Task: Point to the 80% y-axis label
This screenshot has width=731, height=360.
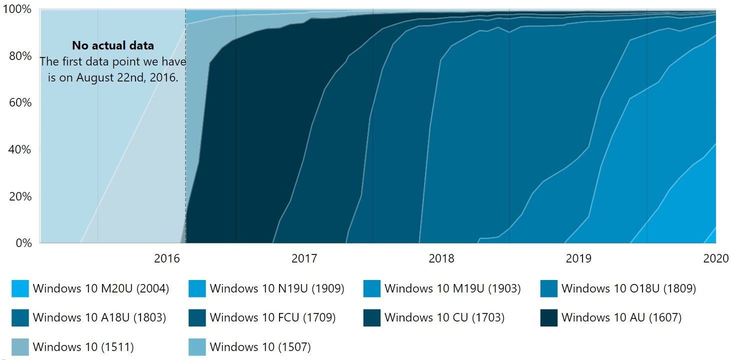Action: click(19, 56)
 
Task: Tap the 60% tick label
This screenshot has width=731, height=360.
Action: click(19, 102)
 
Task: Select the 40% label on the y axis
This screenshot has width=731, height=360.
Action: click(19, 149)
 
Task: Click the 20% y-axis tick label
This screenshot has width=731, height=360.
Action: click(19, 196)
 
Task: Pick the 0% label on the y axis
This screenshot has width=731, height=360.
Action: click(22, 243)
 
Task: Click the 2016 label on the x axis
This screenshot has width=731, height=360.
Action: click(166, 258)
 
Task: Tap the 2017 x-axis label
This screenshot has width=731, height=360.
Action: click(304, 258)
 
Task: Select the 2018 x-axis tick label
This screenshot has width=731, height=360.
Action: click(441, 258)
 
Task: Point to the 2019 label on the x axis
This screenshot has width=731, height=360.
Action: click(578, 258)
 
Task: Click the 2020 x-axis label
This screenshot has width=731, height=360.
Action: click(716, 258)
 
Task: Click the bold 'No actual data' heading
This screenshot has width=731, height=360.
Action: click(113, 45)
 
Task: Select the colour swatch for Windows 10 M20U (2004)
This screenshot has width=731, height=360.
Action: click(20, 288)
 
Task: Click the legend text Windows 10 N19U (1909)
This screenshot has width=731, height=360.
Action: click(277, 288)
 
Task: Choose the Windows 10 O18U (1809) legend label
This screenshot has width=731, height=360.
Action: click(628, 288)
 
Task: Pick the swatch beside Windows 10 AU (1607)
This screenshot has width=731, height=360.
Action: click(549, 317)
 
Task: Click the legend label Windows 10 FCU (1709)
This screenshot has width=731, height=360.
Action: click(272, 317)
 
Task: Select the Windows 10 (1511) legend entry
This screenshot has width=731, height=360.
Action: click(83, 346)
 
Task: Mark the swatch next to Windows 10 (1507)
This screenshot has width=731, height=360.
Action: click(197, 346)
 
